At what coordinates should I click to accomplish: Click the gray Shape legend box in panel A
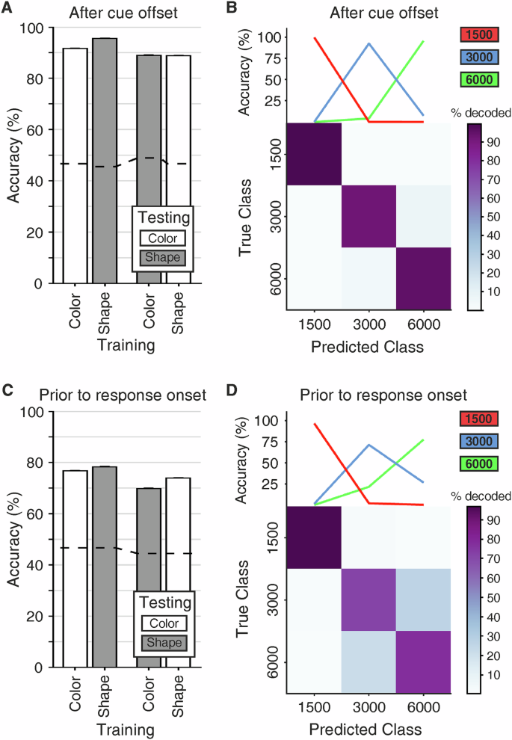pos(162,258)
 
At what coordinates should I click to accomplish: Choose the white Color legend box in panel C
pos(162,622)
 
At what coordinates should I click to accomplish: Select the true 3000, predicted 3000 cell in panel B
pos(369,216)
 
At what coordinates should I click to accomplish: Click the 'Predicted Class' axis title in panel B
pos(369,347)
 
